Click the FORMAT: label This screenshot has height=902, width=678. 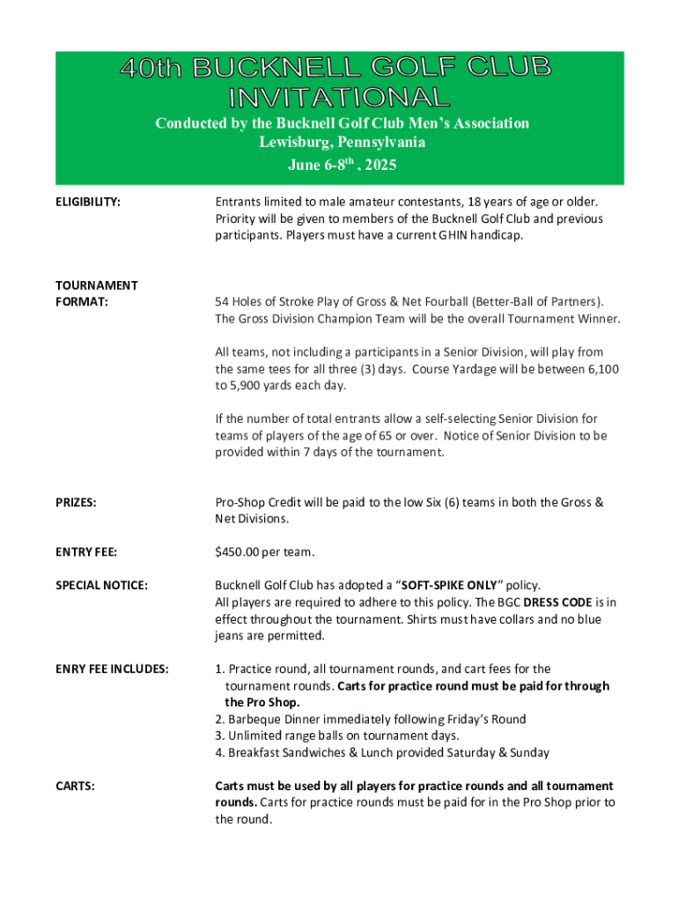[x=83, y=301]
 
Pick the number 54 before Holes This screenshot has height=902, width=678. [x=223, y=301]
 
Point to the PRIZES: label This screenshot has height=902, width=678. [x=77, y=502]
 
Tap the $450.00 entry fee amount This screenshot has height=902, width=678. [x=241, y=552]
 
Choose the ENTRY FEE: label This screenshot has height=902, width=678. [x=86, y=552]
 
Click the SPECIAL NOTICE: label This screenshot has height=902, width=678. [x=102, y=585]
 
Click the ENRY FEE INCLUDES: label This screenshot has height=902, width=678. [x=113, y=669]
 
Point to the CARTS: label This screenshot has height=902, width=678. [x=76, y=786]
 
